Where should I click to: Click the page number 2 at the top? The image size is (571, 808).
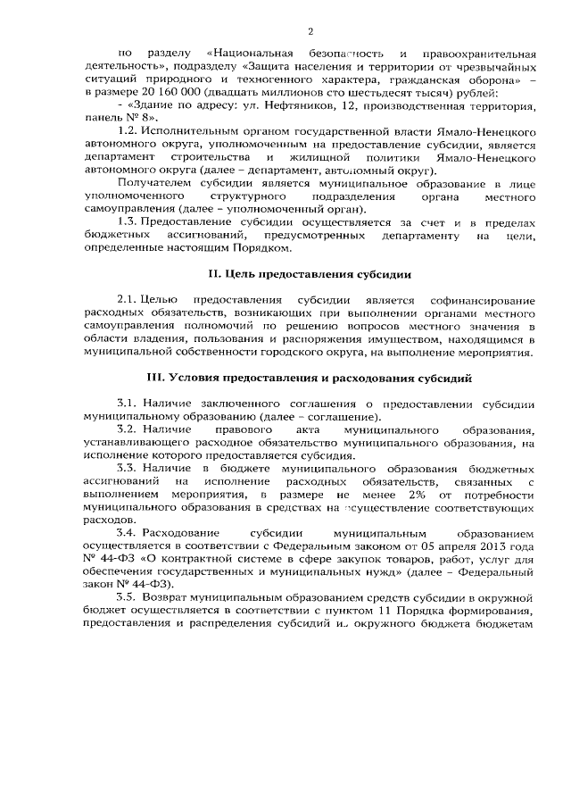click(310, 31)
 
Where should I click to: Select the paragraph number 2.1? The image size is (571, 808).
click(127, 301)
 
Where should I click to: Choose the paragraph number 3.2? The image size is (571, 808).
click(127, 430)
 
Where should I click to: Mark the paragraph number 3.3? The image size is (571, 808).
click(127, 468)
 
